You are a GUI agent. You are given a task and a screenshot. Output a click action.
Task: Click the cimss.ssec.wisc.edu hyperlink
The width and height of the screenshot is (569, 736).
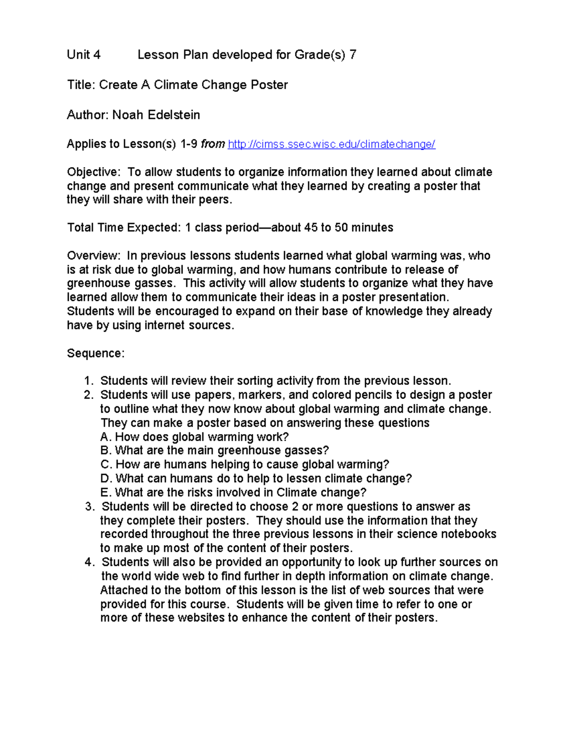pos(331,144)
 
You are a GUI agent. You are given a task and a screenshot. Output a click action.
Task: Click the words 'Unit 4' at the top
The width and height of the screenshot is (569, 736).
pos(83,55)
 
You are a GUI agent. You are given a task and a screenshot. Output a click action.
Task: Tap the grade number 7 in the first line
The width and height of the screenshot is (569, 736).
pos(352,55)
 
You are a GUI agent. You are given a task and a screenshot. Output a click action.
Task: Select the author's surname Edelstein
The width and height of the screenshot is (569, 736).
pos(174,115)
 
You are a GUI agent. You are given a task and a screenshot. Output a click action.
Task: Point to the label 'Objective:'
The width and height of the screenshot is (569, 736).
pos(93,172)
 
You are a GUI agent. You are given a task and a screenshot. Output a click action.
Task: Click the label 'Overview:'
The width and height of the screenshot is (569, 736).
pos(93,256)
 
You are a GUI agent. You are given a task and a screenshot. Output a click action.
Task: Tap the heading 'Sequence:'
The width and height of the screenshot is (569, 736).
pos(95,354)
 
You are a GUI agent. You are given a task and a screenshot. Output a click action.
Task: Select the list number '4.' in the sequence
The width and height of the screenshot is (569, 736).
pos(90,563)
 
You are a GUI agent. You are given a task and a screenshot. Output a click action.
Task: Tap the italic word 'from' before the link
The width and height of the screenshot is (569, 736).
pos(212,144)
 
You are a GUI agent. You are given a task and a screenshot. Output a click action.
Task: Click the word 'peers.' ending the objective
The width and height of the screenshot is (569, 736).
pos(218,200)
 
